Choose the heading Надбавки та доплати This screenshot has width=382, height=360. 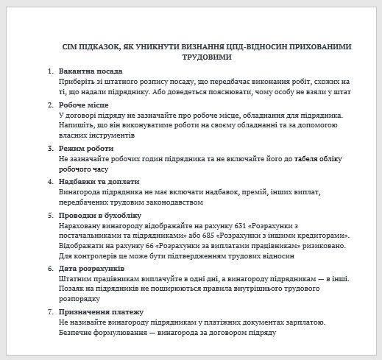click(99, 181)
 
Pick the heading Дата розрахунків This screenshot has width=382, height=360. click(91, 269)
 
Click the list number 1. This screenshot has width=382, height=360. click(49, 71)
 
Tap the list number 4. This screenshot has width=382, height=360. click(49, 181)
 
